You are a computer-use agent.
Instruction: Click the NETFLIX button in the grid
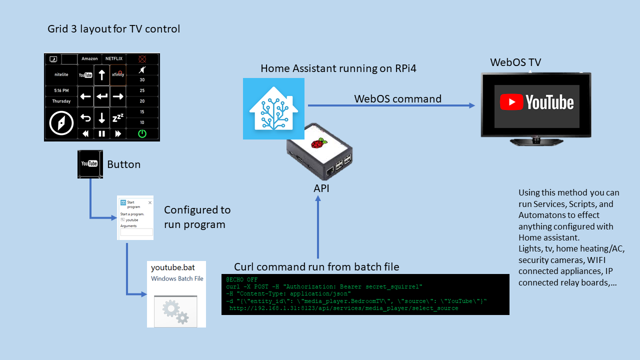pyautogui.click(x=113, y=58)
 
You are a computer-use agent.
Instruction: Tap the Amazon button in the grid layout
pyautogui.click(x=89, y=58)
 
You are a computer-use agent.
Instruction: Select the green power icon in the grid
pyautogui.click(x=142, y=133)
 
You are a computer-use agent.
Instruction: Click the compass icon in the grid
pyautogui.click(x=61, y=122)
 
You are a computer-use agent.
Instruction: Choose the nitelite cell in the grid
pyautogui.click(x=61, y=74)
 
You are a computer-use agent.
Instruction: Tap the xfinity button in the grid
pyautogui.click(x=117, y=74)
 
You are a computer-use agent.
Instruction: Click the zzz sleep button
pyautogui.click(x=117, y=118)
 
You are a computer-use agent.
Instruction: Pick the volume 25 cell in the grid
pyautogui.click(x=142, y=90)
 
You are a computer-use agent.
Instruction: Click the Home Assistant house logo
pyautogui.click(x=273, y=108)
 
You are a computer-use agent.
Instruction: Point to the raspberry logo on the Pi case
pyautogui.click(x=316, y=144)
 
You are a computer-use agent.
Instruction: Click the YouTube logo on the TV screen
pyautogui.click(x=536, y=102)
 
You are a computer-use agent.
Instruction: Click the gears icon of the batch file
pyautogui.click(x=176, y=311)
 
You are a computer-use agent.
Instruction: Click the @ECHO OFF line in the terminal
pyautogui.click(x=241, y=279)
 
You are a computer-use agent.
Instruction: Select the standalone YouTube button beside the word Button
pyautogui.click(x=90, y=163)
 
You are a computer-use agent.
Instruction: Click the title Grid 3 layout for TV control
pyautogui.click(x=113, y=29)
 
